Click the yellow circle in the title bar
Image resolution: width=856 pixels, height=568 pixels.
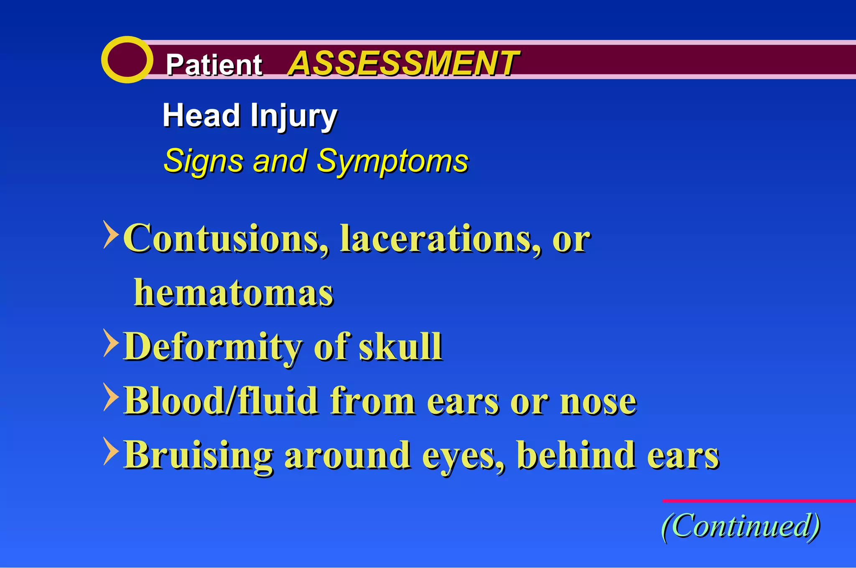(127, 60)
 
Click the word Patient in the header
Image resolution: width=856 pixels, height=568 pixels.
(214, 65)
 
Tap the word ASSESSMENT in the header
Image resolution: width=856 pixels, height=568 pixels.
(403, 63)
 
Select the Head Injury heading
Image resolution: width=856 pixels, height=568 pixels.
(250, 116)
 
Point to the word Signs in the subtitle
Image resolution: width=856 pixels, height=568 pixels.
(204, 161)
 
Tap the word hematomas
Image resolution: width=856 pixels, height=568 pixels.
(234, 293)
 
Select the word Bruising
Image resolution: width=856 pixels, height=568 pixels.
(199, 455)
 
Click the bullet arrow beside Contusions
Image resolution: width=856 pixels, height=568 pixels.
(111, 235)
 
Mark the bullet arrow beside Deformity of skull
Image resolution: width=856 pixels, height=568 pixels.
(111, 343)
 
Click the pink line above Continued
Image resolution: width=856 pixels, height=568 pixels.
(759, 500)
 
